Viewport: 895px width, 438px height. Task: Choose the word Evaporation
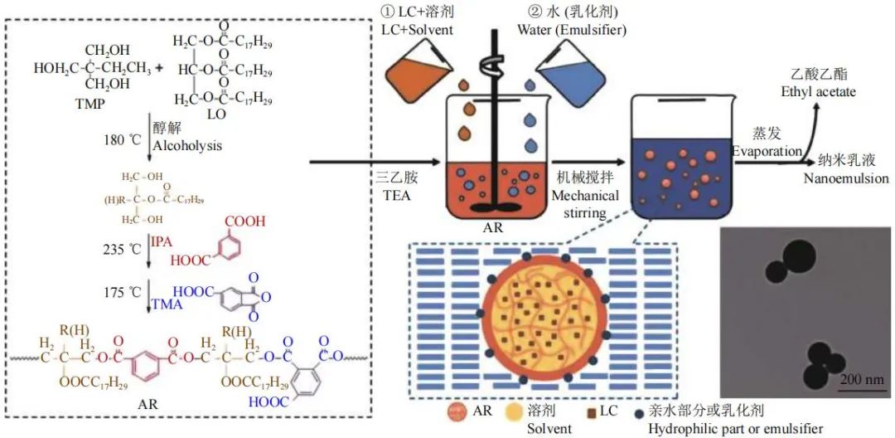click(x=766, y=151)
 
